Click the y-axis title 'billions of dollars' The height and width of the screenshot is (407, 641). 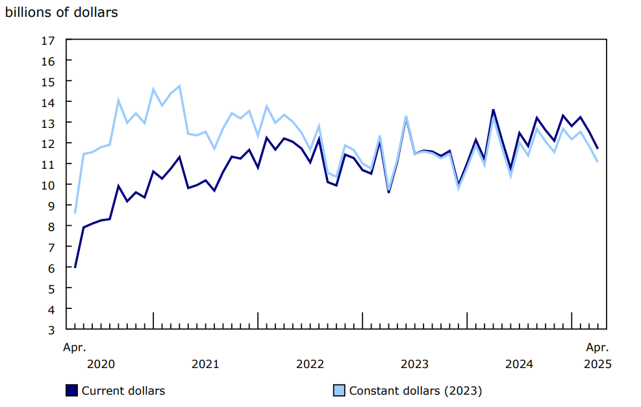62,12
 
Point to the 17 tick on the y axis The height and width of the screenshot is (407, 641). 47,40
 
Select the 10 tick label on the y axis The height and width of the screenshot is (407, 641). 47,184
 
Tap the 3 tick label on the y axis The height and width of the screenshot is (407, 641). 51,329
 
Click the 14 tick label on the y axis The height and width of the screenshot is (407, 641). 47,102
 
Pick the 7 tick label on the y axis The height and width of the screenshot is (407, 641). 51,247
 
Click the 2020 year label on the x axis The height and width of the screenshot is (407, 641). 101,364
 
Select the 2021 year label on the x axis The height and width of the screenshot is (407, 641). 205,364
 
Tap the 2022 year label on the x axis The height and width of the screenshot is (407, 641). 310,364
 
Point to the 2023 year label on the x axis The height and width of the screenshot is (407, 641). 414,364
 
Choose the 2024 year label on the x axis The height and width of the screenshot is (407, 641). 519,364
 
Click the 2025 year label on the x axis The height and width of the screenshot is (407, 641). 597,364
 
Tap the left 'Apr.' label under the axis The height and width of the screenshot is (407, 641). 75,347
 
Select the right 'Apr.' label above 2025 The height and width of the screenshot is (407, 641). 597,347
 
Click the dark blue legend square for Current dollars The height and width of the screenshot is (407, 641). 71,390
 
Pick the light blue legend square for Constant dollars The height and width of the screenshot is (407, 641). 339,390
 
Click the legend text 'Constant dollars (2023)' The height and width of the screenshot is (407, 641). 416,391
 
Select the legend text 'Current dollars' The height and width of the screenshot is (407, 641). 123,391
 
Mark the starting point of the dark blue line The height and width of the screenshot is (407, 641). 75,267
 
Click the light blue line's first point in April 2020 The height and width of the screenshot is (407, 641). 75,212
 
